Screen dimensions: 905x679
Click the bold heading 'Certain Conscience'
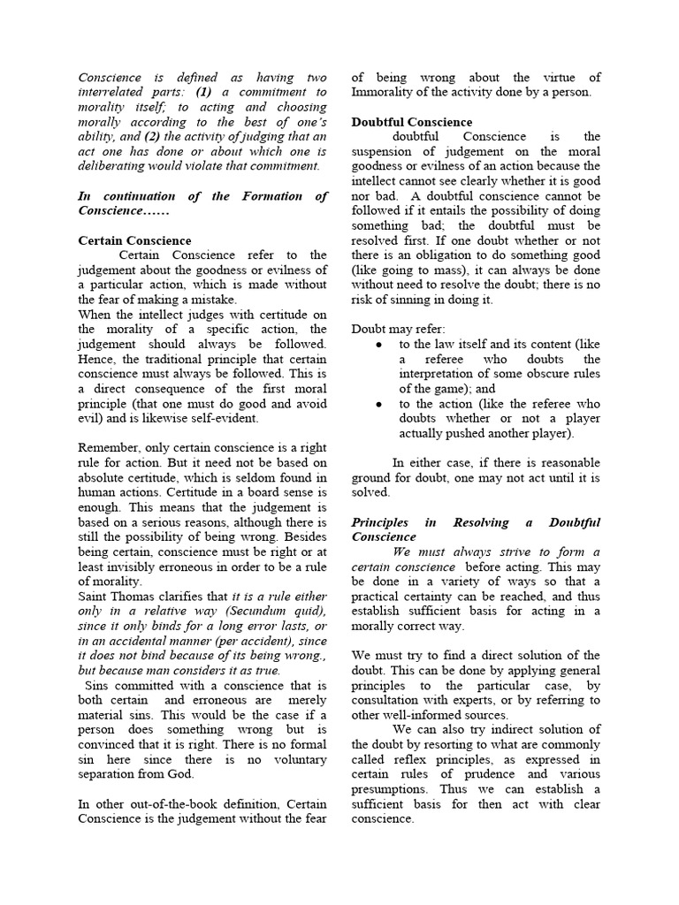[x=134, y=240]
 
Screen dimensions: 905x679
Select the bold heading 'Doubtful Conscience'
[x=412, y=122]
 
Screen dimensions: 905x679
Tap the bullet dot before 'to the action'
[x=379, y=403]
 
